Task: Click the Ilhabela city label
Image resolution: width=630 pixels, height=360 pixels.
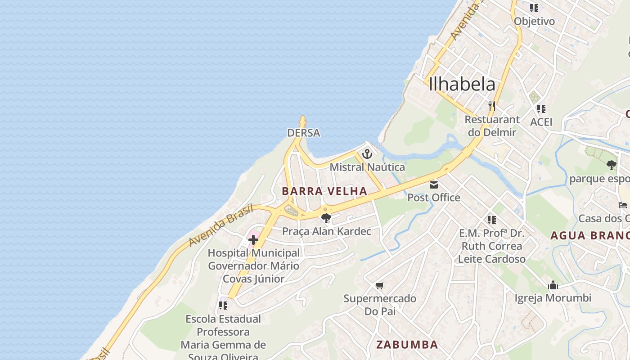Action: point(462,84)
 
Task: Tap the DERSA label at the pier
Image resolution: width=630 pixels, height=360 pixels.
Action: point(304,133)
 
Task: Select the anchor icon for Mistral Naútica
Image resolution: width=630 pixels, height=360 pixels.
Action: point(367,154)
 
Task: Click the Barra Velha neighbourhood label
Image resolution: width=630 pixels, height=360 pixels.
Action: point(324,191)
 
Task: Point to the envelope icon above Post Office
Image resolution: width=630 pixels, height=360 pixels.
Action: point(434,184)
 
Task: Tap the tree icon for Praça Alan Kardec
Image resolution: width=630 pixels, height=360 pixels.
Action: point(326,219)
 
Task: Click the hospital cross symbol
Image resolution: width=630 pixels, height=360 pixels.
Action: point(253,240)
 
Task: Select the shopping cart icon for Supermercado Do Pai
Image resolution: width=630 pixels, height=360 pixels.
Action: point(379,285)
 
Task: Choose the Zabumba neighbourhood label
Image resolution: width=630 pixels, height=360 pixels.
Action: point(407,345)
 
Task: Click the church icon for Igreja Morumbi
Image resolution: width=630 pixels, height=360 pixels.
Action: point(553,285)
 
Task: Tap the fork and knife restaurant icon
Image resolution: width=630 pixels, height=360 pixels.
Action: point(491,107)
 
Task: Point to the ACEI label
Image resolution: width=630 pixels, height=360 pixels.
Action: point(541,122)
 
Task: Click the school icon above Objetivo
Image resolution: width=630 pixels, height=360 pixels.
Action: point(534,8)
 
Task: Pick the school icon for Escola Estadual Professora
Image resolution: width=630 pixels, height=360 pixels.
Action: point(223,306)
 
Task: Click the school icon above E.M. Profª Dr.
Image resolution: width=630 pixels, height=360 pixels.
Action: point(491,220)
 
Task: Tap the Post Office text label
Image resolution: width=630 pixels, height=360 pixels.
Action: point(434,198)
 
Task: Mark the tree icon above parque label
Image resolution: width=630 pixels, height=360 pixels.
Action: point(611,165)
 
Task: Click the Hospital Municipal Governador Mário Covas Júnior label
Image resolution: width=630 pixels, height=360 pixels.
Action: point(254,265)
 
